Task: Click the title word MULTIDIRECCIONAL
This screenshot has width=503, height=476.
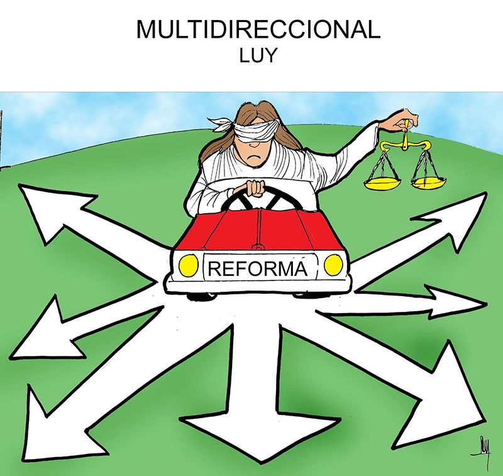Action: click(258, 29)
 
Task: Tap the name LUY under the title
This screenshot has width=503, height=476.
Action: click(258, 55)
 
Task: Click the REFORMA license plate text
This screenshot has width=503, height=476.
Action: click(258, 268)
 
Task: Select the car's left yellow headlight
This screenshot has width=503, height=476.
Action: click(188, 265)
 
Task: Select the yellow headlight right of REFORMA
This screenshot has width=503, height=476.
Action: click(333, 265)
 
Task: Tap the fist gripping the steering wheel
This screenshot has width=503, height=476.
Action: click(255, 188)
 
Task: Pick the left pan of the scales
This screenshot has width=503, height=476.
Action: click(382, 183)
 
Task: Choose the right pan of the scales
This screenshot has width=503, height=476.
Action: click(429, 182)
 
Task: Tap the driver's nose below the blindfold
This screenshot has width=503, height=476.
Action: click(254, 144)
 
